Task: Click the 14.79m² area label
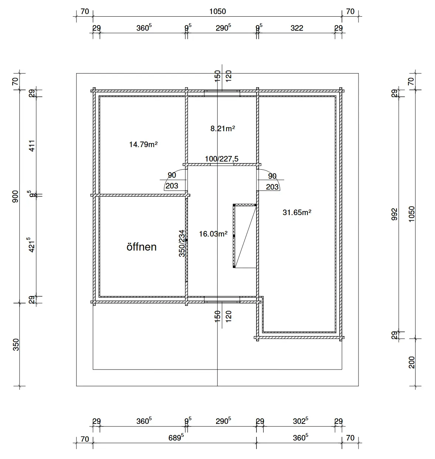pos(143,144)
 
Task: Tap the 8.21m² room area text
pos(223,129)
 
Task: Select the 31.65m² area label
pos(297,212)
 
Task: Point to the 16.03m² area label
pos(213,234)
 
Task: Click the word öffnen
pos(142,247)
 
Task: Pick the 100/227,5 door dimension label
pos(222,159)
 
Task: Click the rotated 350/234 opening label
pos(181,243)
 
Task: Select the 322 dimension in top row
pos(297,28)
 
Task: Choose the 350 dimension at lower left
pos(16,344)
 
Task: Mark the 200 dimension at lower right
pos(412,362)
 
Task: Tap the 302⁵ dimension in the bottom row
pos(300,421)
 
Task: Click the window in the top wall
pos(222,93)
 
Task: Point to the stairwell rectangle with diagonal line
pos(245,235)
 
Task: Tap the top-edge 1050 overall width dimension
pos(217,11)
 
